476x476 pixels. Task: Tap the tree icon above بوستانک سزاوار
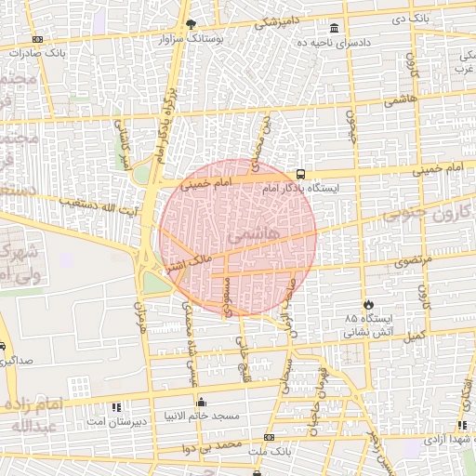click(191, 24)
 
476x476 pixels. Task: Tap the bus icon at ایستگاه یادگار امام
click(300, 174)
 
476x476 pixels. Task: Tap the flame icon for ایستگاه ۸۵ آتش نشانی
click(369, 303)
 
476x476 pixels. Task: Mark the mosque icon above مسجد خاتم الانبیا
click(202, 402)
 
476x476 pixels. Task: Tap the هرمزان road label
click(141, 315)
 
